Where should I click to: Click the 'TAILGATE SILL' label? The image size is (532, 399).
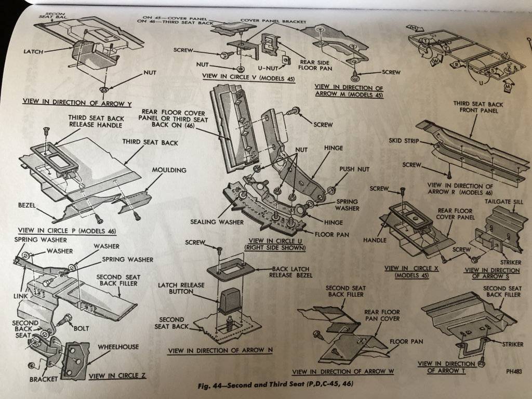click(500, 202)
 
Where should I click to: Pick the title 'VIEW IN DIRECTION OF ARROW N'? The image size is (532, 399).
click(220, 351)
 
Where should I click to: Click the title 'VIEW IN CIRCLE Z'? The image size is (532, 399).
click(118, 375)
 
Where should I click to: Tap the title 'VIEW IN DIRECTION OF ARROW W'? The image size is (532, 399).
click(343, 371)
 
